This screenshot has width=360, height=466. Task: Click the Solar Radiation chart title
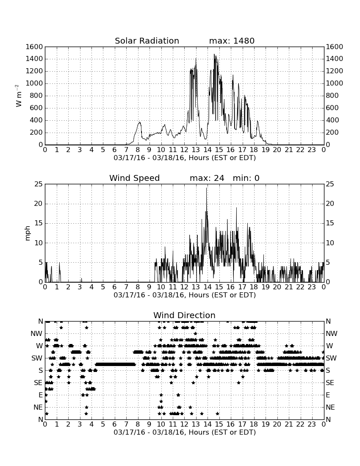(147, 41)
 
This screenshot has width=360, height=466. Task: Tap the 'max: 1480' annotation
(232, 41)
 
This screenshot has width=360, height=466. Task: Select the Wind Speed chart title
(135, 178)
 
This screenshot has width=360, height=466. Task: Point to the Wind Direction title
(185, 315)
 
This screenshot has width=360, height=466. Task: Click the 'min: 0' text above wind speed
(246, 178)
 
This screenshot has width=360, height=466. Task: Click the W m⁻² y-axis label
(18, 96)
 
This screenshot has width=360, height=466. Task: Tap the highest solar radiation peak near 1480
(214, 54)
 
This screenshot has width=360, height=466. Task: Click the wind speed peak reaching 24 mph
(206, 188)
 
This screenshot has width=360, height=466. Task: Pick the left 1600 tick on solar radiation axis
(34, 47)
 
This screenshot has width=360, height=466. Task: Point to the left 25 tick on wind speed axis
(39, 184)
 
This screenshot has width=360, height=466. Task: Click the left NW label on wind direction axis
(37, 334)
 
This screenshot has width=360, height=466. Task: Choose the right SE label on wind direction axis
(330, 383)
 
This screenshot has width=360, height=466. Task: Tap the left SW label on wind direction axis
(37, 358)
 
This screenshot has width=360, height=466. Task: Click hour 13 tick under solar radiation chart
(196, 150)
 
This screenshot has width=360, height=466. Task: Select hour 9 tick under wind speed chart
(150, 287)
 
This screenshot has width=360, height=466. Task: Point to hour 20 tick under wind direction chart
(277, 424)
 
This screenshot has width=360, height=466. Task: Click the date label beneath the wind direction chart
(185, 432)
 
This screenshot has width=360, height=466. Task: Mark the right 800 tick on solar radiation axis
(332, 96)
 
